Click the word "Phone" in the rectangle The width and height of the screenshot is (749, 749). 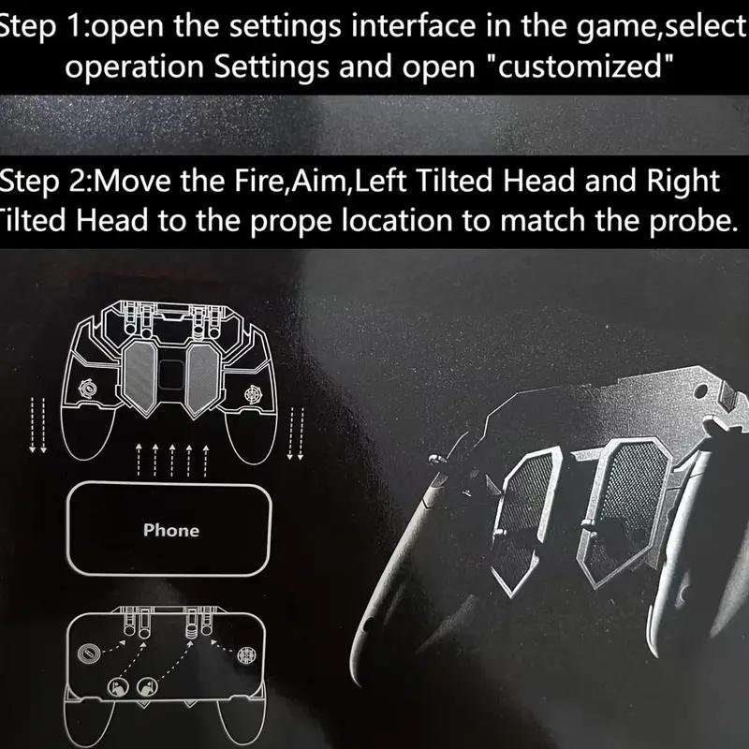pyautogui.click(x=171, y=530)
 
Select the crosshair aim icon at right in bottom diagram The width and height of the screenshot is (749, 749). pyautogui.click(x=247, y=654)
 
